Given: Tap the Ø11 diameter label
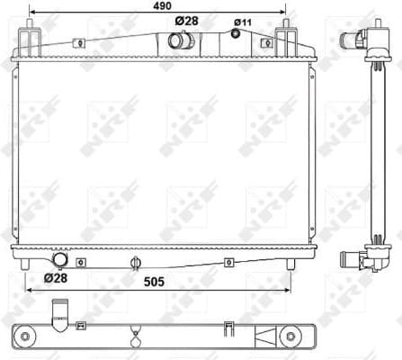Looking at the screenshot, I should (243, 22).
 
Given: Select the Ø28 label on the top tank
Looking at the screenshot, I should (186, 21).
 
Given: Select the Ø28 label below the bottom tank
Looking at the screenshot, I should (57, 278).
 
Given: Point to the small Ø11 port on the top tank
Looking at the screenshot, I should (237, 35).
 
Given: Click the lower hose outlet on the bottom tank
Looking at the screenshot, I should (61, 260).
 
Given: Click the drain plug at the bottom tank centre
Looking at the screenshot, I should (134, 262).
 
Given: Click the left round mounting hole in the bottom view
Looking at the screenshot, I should (26, 337).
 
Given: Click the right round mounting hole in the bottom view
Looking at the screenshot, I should (292, 337).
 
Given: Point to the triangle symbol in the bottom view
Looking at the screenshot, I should (267, 337).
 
